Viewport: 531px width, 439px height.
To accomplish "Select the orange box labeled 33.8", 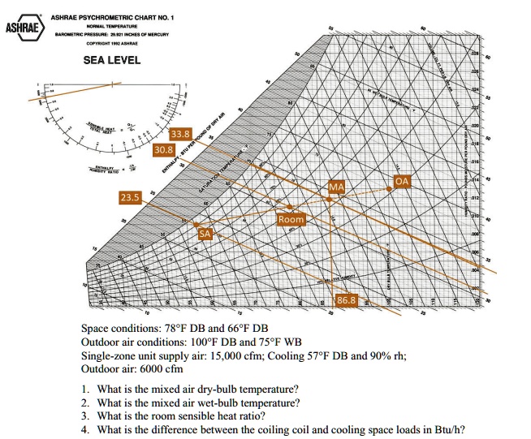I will tap(180, 134).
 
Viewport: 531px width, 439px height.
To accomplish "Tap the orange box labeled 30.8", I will tap(164, 149).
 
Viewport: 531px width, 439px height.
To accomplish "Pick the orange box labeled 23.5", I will tap(130, 197).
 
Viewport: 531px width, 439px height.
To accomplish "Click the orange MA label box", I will tap(337, 187).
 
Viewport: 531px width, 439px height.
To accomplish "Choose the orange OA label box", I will tap(401, 182).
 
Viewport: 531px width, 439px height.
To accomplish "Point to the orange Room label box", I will tap(291, 220).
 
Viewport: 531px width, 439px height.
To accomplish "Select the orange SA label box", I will tap(207, 234).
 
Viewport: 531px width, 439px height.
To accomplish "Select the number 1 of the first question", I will tap(85, 389).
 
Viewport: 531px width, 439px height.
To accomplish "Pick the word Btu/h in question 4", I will tap(452, 430).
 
